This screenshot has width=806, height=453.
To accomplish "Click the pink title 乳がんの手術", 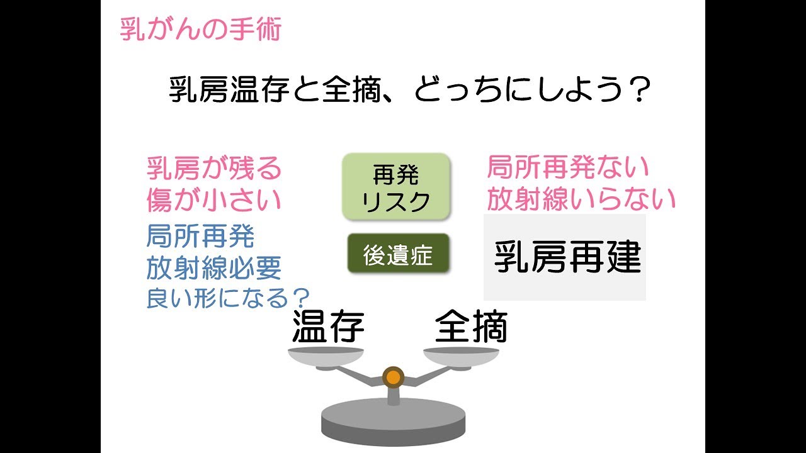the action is [x=200, y=30].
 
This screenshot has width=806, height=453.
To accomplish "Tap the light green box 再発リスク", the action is [x=397, y=186].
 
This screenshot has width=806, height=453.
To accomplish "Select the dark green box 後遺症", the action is [x=398, y=254].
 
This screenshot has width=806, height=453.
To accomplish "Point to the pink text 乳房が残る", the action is [x=214, y=169].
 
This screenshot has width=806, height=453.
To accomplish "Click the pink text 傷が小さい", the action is [x=214, y=200].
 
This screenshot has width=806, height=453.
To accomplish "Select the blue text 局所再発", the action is [x=200, y=237].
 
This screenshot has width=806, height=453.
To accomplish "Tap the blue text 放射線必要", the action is [x=214, y=269].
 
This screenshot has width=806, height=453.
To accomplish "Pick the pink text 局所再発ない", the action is [x=568, y=168].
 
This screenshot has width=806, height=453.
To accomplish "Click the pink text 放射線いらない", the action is [x=581, y=199].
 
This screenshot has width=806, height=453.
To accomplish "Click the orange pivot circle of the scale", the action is [x=393, y=377].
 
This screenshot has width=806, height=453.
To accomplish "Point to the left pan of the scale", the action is [x=326, y=357].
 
